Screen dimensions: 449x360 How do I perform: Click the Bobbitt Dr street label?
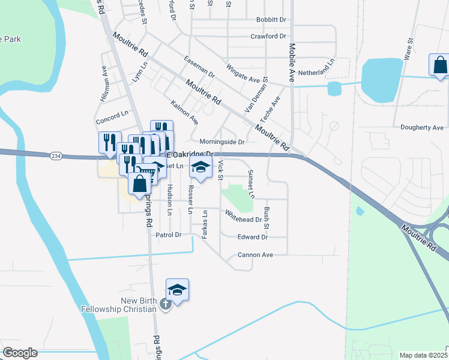click(271, 19)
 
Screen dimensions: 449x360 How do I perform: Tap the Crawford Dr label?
click(268, 36)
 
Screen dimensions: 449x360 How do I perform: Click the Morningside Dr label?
click(222, 142)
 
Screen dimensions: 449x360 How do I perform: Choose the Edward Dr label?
click(252, 238)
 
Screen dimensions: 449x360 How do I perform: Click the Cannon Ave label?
click(255, 255)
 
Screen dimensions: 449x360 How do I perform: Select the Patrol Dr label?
click(169, 235)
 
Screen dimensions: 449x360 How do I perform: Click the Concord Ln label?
click(113, 113)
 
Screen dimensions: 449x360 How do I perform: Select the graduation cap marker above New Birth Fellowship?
click(177, 290)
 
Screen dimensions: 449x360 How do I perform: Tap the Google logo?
click(20, 353)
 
